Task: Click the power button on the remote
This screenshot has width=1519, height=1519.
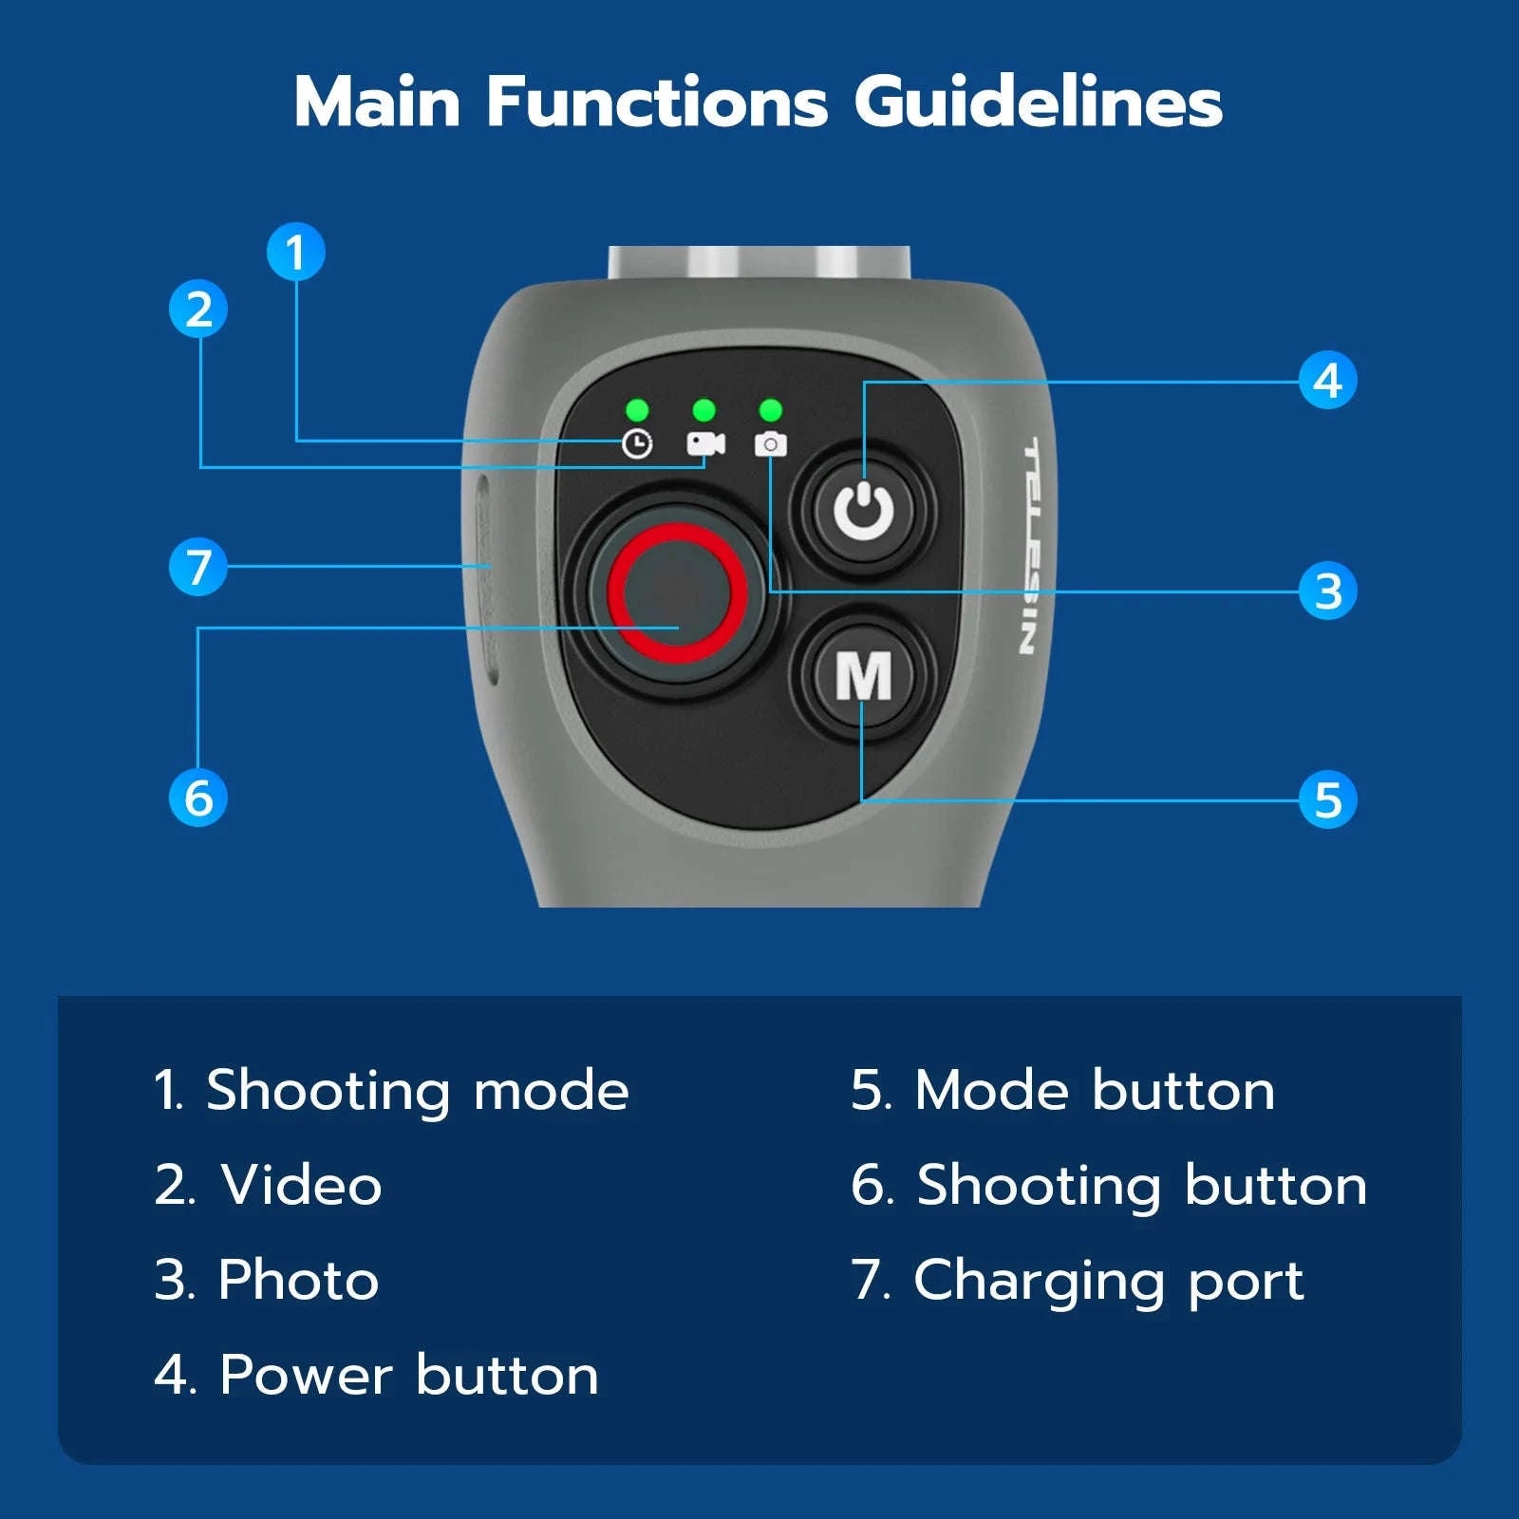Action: [x=864, y=511]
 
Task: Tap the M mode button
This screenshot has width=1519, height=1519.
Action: [x=864, y=675]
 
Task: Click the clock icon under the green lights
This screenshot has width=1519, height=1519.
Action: [x=637, y=443]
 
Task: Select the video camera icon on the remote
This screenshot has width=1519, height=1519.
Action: [x=705, y=443]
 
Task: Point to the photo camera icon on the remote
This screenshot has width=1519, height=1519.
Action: [x=771, y=443]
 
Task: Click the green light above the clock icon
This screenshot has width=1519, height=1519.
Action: [x=637, y=410]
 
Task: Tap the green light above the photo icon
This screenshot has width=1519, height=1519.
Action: [x=771, y=410]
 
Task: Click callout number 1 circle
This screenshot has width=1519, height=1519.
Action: [x=295, y=252]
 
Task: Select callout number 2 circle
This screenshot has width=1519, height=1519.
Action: [x=198, y=309]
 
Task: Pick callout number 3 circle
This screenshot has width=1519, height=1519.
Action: [x=1328, y=591]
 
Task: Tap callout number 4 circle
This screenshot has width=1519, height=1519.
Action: [x=1328, y=381]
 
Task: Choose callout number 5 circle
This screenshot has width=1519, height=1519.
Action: [x=1328, y=799]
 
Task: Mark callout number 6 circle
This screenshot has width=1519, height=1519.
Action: [x=198, y=797]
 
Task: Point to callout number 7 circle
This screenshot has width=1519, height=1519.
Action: [x=198, y=567]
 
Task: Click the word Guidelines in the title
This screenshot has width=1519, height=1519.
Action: [x=1039, y=101]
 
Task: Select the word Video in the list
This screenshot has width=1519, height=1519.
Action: [x=302, y=1185]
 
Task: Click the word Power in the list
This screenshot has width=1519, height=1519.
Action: [x=306, y=1375]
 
